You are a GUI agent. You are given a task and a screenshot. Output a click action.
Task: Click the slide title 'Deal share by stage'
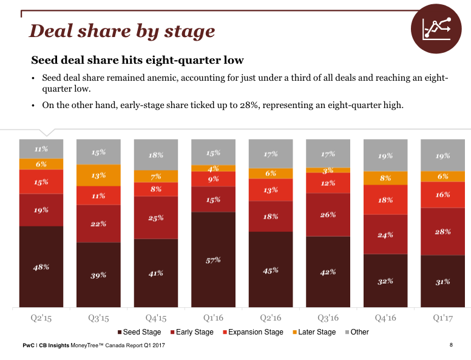(x=122, y=31)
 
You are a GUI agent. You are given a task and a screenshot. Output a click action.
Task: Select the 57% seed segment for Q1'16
(x=213, y=259)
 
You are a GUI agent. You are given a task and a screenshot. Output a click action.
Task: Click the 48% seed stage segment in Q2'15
(x=41, y=267)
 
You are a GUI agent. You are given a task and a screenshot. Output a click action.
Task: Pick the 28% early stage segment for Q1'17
(x=443, y=231)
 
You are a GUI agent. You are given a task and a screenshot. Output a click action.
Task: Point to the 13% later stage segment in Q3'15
(x=98, y=175)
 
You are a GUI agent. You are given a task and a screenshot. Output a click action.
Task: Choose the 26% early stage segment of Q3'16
(x=328, y=214)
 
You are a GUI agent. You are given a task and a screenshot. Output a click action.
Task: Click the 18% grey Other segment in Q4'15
(x=156, y=155)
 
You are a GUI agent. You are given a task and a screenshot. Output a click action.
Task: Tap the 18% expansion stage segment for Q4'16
(x=385, y=200)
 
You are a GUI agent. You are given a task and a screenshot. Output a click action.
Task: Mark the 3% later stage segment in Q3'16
(x=328, y=171)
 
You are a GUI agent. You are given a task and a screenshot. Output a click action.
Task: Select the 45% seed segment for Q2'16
(x=271, y=270)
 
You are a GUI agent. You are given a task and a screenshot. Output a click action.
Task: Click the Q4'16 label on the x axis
(x=385, y=317)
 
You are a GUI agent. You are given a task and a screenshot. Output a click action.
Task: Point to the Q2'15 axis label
(x=41, y=317)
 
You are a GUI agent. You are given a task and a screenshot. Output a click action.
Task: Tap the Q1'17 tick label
(x=443, y=317)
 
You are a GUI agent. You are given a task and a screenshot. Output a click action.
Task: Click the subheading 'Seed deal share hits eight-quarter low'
(x=137, y=61)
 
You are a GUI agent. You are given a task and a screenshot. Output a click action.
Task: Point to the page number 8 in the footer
(x=451, y=345)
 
